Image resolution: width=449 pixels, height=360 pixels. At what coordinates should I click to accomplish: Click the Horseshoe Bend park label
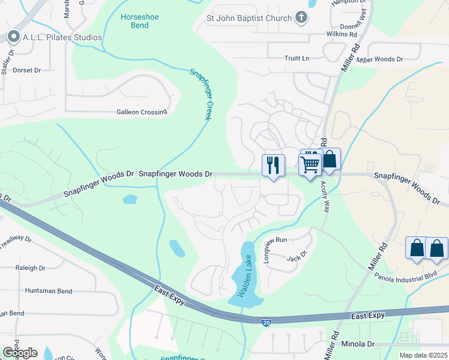coord(139,22)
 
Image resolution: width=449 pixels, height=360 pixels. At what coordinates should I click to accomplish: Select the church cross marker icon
coord(301,18)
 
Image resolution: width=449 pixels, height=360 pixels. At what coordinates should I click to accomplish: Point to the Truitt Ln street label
coord(297,58)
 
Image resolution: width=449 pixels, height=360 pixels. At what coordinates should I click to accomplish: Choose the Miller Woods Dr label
coord(380,59)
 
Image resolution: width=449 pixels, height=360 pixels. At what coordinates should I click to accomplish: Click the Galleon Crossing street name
coord(141,112)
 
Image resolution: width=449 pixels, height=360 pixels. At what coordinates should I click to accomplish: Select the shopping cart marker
coord(310,163)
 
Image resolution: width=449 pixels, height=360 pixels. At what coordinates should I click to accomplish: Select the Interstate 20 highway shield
coord(266,323)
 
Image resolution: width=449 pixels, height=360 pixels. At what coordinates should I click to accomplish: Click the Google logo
coord(20,352)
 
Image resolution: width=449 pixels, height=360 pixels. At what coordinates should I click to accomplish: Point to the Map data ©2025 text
coord(423,355)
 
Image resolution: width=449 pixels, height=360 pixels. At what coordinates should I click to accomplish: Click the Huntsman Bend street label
coord(49,290)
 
